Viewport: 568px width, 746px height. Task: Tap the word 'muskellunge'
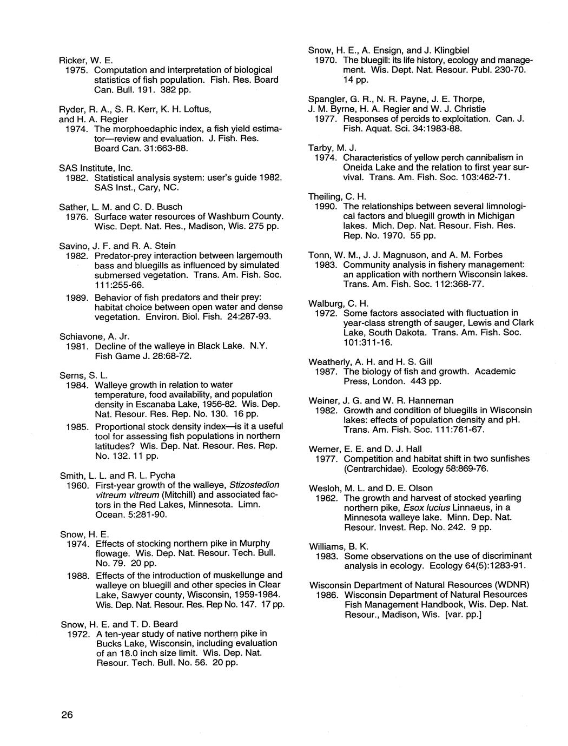click(x=248, y=575)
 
